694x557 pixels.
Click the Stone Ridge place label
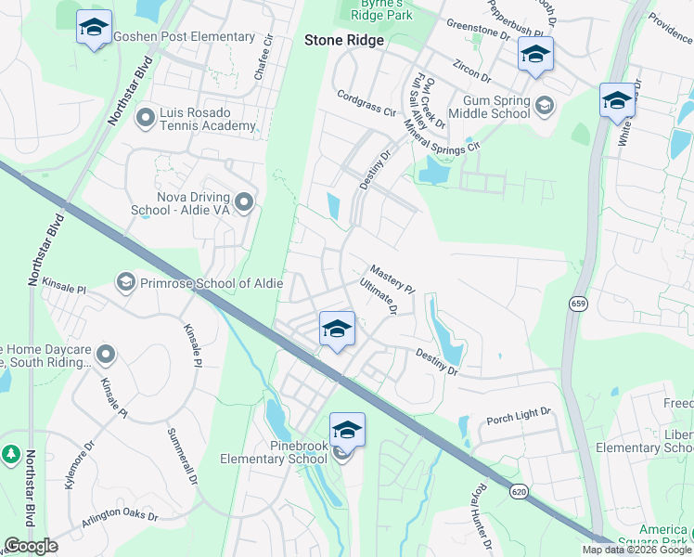tap(344, 41)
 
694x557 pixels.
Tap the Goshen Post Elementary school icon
tap(94, 27)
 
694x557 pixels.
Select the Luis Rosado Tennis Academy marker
tap(145, 117)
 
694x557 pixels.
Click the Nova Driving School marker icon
tap(244, 201)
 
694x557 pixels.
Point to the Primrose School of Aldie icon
tap(125, 280)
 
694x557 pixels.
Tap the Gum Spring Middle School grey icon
tap(544, 105)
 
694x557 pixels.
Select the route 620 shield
tap(521, 489)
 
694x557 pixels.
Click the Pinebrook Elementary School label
tap(274, 452)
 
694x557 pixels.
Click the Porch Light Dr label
tap(519, 415)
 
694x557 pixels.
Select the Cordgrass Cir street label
tap(366, 101)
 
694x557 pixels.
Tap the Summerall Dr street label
tap(183, 456)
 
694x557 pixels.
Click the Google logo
tap(31, 546)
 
